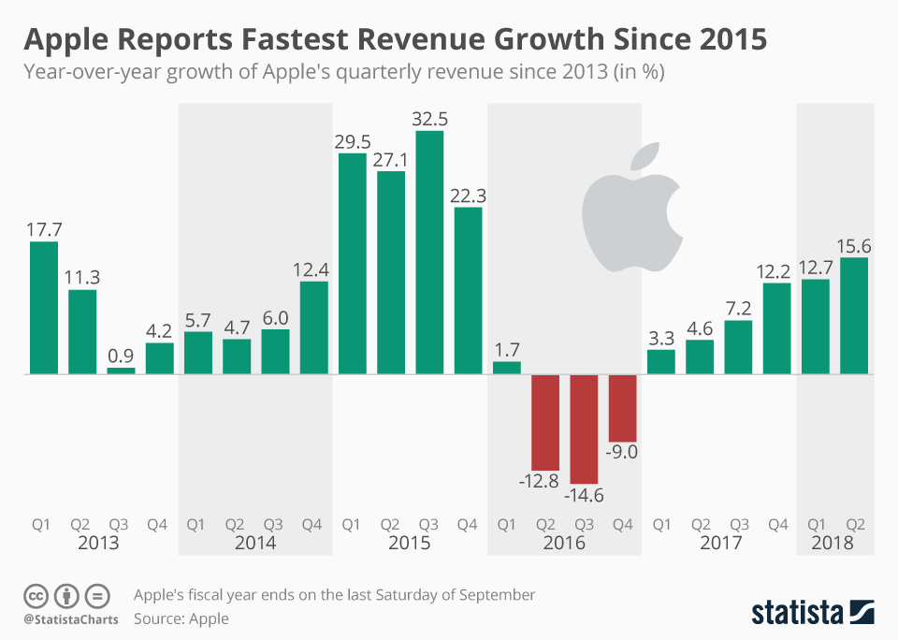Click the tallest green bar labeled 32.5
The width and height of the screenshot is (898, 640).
(429, 253)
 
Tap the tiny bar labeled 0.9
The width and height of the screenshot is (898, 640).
(121, 371)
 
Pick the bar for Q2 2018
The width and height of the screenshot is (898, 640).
(854, 315)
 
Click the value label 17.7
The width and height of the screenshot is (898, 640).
(44, 228)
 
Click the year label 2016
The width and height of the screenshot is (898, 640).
(564, 543)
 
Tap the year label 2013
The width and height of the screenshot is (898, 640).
(99, 543)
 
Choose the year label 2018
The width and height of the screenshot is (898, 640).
(834, 543)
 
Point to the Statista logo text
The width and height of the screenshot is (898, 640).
(797, 613)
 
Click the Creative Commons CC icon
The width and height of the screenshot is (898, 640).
(36, 595)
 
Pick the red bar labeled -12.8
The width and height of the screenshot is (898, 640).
(545, 422)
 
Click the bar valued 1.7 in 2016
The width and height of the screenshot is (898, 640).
(506, 368)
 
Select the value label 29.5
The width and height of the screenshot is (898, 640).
(352, 140)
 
